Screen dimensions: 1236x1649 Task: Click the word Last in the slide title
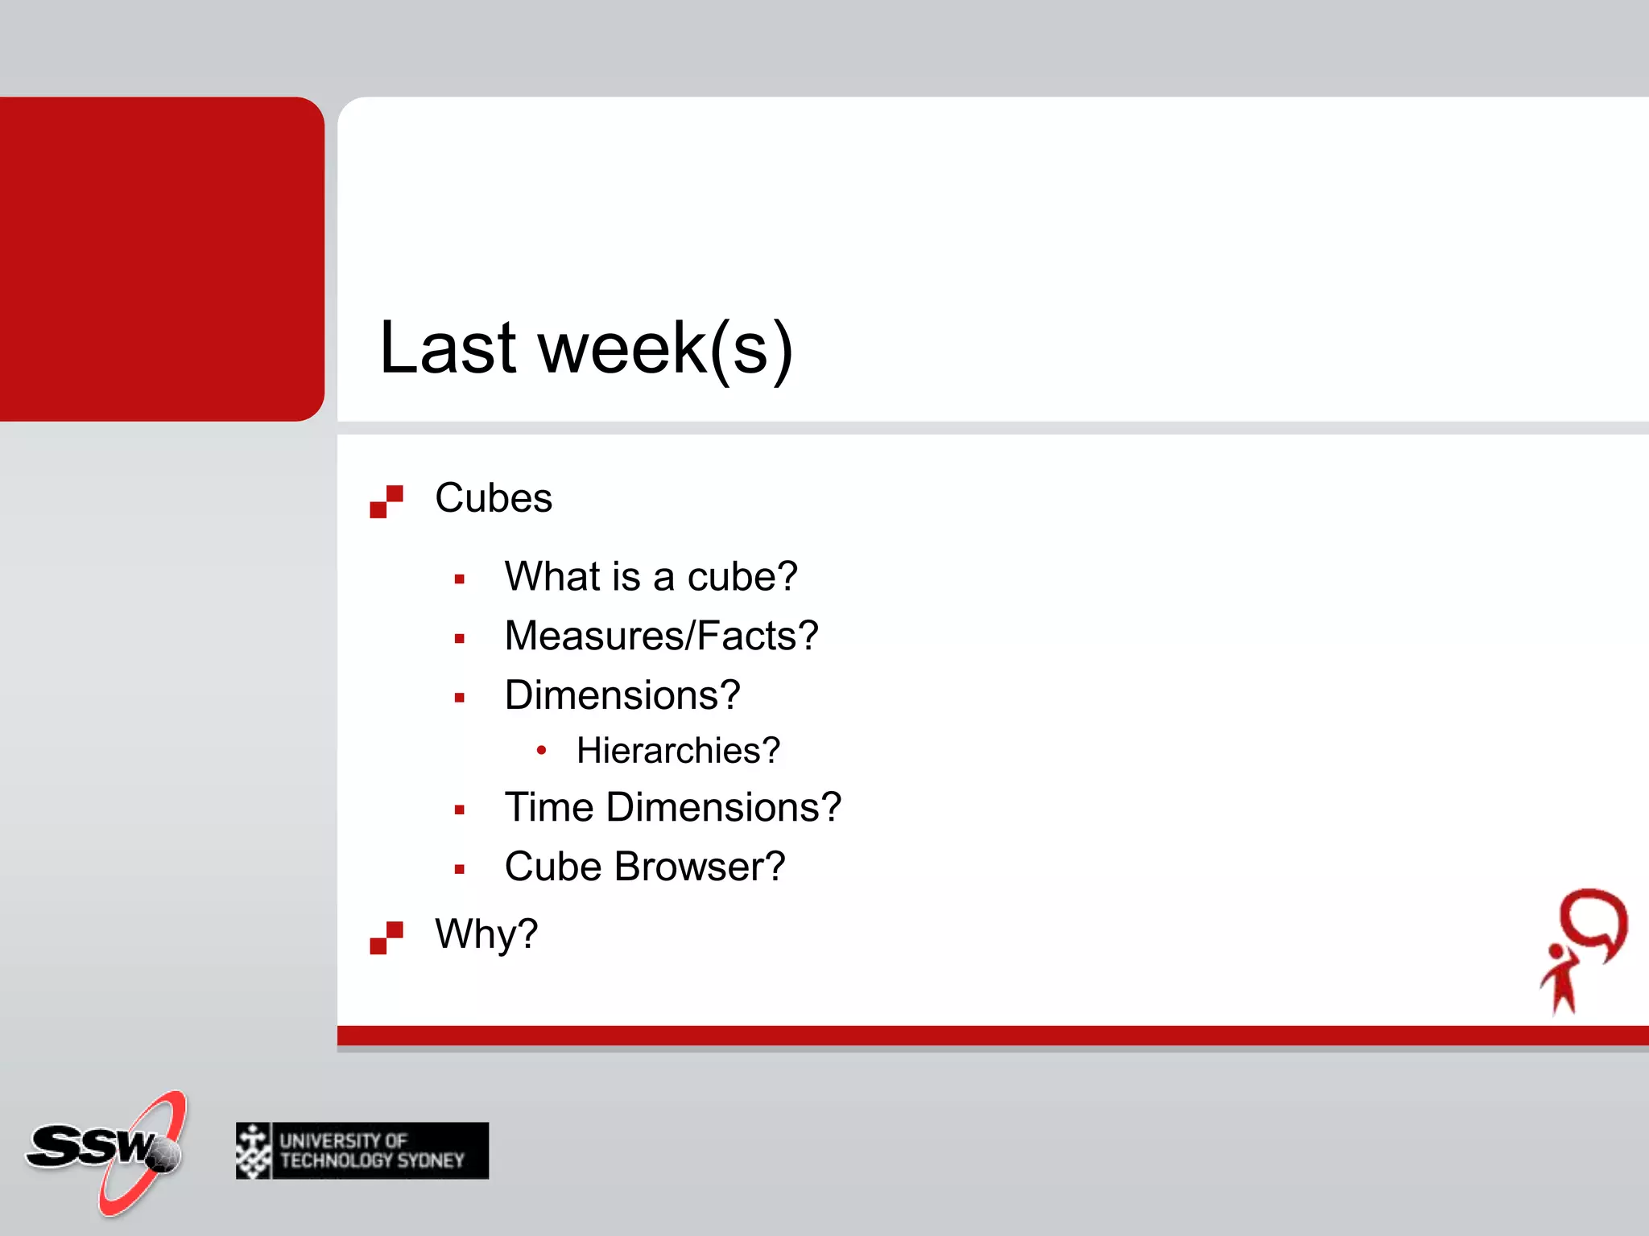click(448, 348)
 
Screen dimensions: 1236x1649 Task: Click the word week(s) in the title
click(665, 348)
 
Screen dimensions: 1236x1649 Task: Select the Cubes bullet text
click(494, 498)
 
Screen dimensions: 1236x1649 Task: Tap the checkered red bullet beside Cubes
click(386, 501)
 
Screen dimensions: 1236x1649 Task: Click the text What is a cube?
click(651, 577)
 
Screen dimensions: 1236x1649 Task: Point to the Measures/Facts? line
click(661, 636)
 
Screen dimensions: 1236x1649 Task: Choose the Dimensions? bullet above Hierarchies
click(622, 695)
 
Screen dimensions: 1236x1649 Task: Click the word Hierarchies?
click(678, 751)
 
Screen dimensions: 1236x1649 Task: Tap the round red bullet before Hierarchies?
click(542, 751)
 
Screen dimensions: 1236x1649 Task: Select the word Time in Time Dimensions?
click(549, 807)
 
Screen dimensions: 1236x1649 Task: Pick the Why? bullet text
click(486, 934)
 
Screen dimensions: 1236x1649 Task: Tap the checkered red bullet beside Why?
click(386, 937)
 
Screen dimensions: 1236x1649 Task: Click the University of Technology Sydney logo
click(362, 1151)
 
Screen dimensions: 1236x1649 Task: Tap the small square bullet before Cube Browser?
click(460, 869)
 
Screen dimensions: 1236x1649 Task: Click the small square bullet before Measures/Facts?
click(460, 639)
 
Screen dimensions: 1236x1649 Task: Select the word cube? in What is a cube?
click(742, 577)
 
